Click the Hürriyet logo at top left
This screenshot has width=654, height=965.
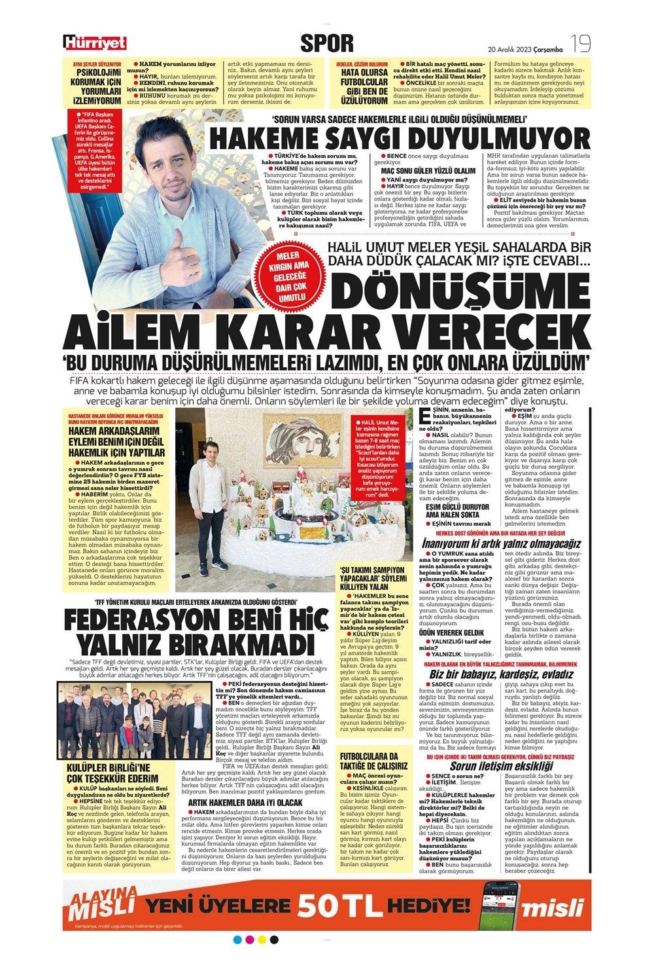coord(95,43)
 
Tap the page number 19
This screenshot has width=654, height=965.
coord(580,44)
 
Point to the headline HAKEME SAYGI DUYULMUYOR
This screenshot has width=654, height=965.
coord(399,139)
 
